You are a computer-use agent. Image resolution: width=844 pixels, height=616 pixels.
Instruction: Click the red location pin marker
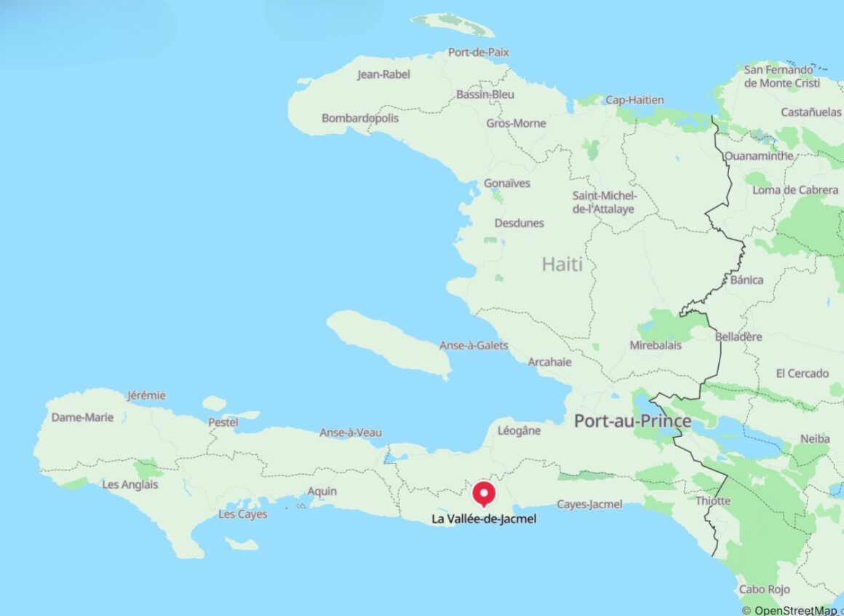click(x=484, y=493)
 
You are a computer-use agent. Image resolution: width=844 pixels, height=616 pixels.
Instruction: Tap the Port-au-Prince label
click(x=632, y=421)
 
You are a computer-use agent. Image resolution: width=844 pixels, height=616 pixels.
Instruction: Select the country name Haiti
click(x=562, y=264)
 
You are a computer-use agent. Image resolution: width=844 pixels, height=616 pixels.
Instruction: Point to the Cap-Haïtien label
click(x=635, y=100)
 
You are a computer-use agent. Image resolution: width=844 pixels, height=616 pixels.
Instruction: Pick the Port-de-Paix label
click(x=479, y=52)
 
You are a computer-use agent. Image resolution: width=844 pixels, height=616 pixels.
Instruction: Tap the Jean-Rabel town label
click(x=383, y=74)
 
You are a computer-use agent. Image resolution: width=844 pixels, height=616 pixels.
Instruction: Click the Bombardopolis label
click(x=360, y=118)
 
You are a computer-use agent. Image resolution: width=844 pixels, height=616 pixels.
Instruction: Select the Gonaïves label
click(x=507, y=183)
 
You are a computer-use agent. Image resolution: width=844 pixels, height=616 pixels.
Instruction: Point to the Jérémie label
click(x=146, y=395)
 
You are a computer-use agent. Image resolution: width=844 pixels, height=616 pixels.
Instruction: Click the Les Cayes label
click(x=243, y=514)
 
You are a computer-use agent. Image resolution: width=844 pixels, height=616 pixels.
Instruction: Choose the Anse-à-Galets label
click(x=474, y=345)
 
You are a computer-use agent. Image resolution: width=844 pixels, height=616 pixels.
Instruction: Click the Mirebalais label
click(x=656, y=345)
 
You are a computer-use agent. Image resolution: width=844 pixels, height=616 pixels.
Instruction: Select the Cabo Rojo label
click(x=764, y=589)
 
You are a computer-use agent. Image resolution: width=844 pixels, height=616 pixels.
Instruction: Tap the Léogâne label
click(x=519, y=430)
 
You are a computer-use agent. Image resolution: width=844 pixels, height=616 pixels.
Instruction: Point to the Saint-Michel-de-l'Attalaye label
click(x=604, y=202)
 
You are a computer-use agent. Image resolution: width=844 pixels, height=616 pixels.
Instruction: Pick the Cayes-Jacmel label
click(x=589, y=504)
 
